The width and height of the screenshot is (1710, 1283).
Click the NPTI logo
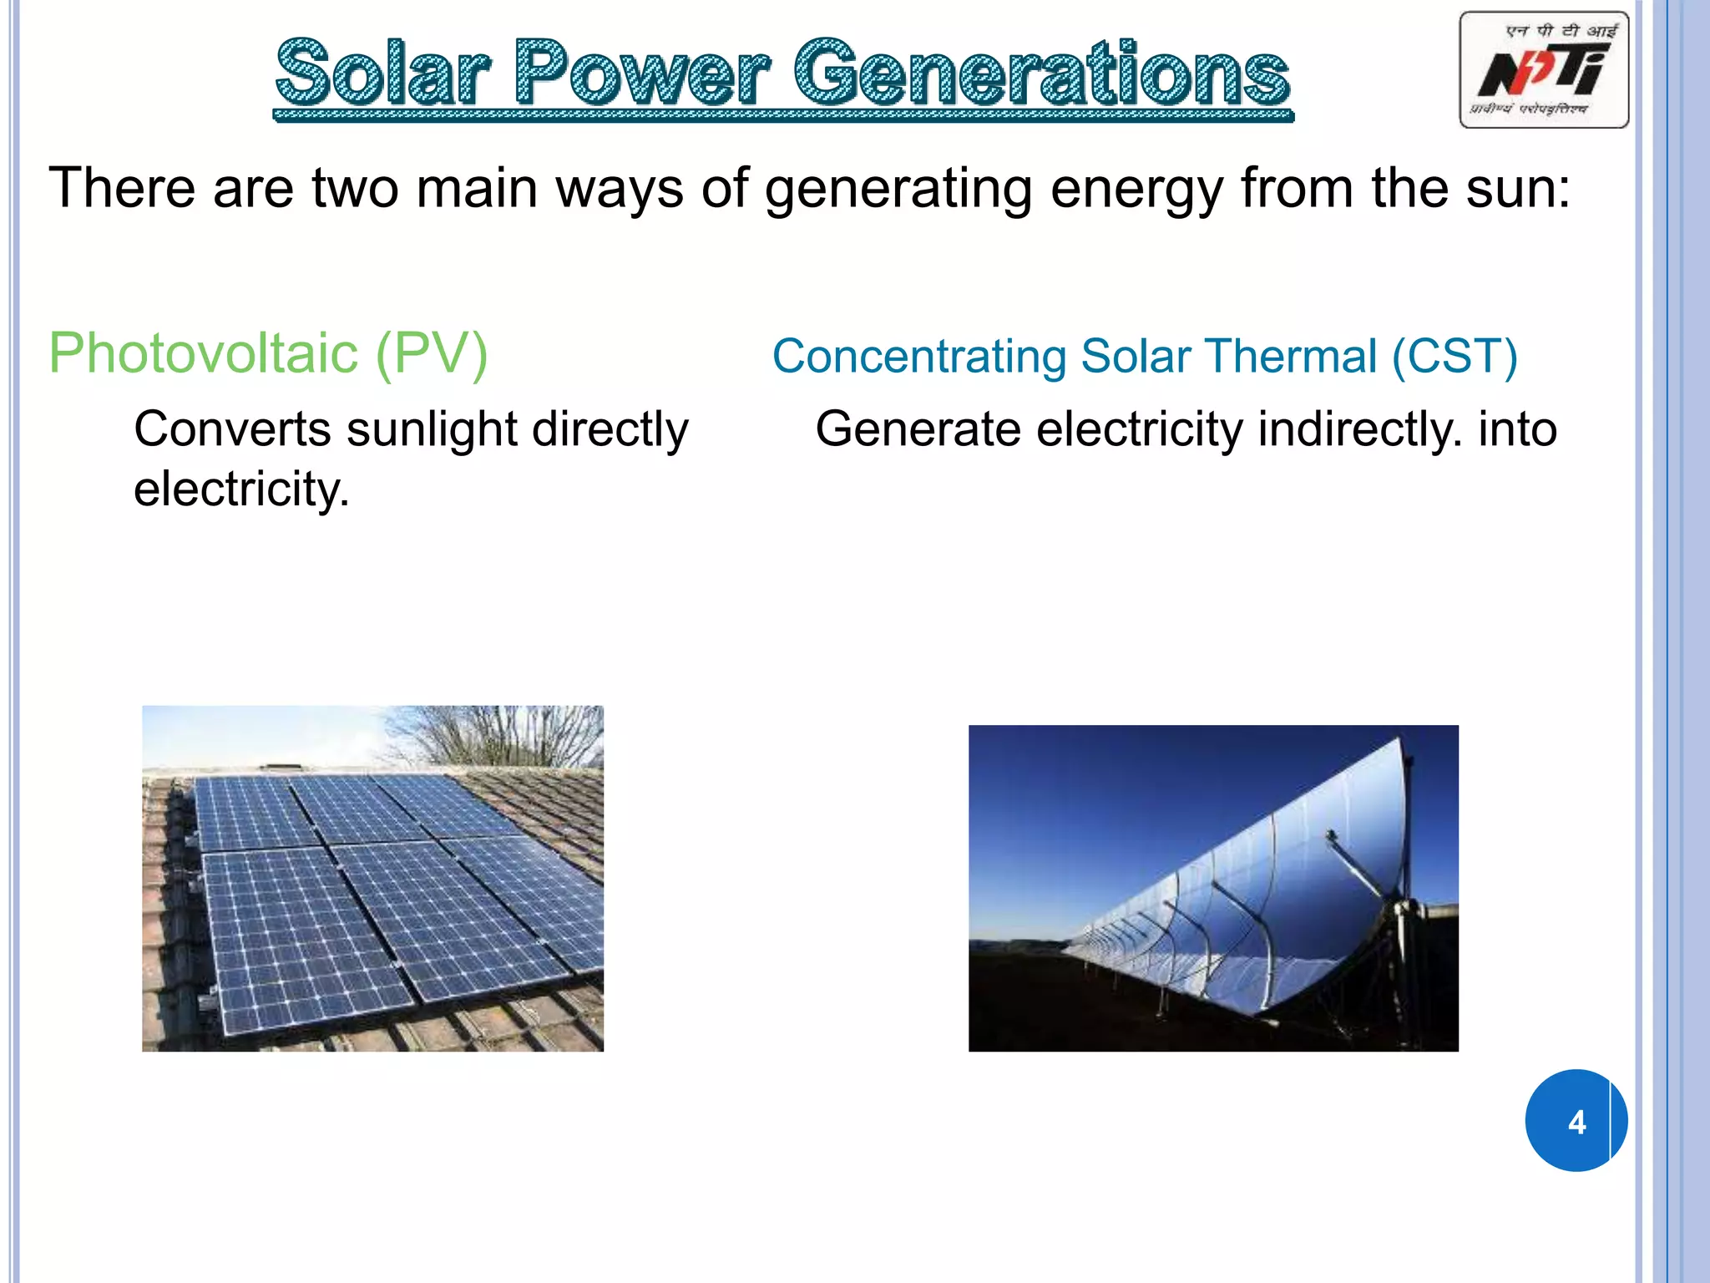pos(1543,70)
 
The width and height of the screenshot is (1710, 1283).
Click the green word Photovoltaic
pos(204,353)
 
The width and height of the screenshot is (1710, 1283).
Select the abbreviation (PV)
pos(432,353)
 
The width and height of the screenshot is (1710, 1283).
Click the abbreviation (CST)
pos(1454,357)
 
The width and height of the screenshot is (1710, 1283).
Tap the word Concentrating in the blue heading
pos(919,357)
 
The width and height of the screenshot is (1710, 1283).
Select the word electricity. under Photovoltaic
pos(241,489)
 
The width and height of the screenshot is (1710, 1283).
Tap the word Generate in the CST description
pos(918,429)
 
